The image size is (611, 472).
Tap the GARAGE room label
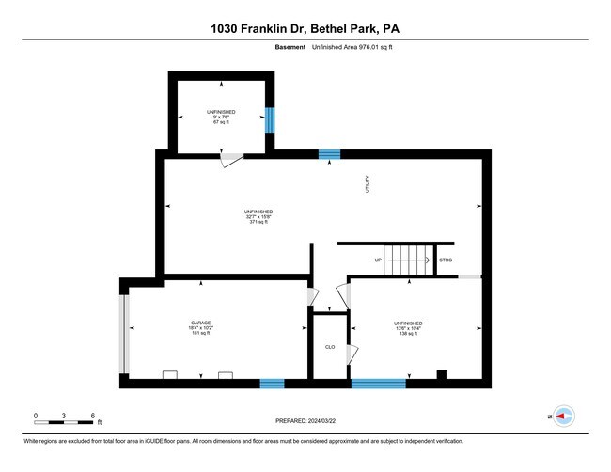pos(201,322)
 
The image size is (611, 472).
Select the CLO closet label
pos(330,347)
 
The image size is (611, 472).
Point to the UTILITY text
pos(369,184)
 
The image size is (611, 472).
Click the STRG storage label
pos(446,260)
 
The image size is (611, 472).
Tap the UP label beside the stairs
pos(378,260)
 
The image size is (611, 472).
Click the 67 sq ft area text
pos(221,122)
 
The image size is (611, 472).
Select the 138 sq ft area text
pos(408,333)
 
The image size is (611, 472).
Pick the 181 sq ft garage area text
pos(201,333)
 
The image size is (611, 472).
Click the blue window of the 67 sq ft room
pos(270,119)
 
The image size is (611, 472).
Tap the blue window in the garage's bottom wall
pos(272,383)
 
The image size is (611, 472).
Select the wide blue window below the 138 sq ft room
pos(379,383)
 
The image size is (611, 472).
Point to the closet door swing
pos(353,354)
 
